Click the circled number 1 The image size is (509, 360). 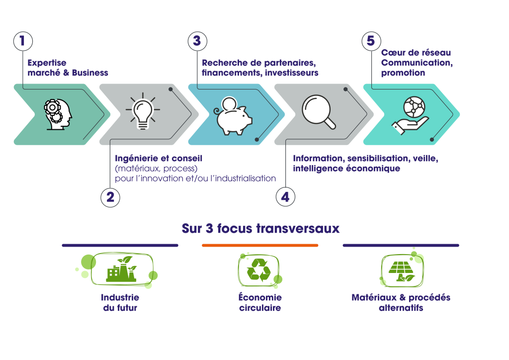[22, 41]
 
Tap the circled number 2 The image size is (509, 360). [110, 197]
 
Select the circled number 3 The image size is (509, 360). [197, 41]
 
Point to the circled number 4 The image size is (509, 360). [285, 197]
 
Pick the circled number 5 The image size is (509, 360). [371, 41]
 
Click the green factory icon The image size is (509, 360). [121, 270]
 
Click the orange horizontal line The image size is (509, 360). [260, 245]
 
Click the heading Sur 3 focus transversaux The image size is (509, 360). [260, 228]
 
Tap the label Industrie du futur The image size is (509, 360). [120, 302]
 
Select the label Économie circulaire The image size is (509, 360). [259, 302]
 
